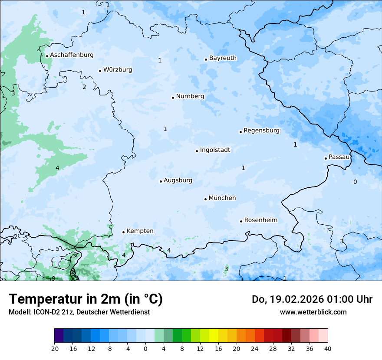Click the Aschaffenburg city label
coord(72,55)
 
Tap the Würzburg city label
coord(118,70)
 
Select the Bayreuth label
coord(223,58)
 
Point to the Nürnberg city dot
coord(173,98)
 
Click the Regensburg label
coord(261,131)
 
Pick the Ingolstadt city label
coord(215,150)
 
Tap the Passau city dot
coord(326,158)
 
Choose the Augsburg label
coord(178,180)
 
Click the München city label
coord(222,198)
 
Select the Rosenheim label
coord(260,220)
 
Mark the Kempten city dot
coord(123,232)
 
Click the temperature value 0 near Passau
coord(355,182)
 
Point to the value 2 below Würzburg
coord(84,87)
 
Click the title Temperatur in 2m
coord(86,299)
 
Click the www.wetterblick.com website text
coord(313,312)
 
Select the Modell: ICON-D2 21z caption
coord(79,312)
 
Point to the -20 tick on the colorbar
coord(54,349)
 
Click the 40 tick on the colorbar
coord(328,349)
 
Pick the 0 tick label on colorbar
coord(145,349)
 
